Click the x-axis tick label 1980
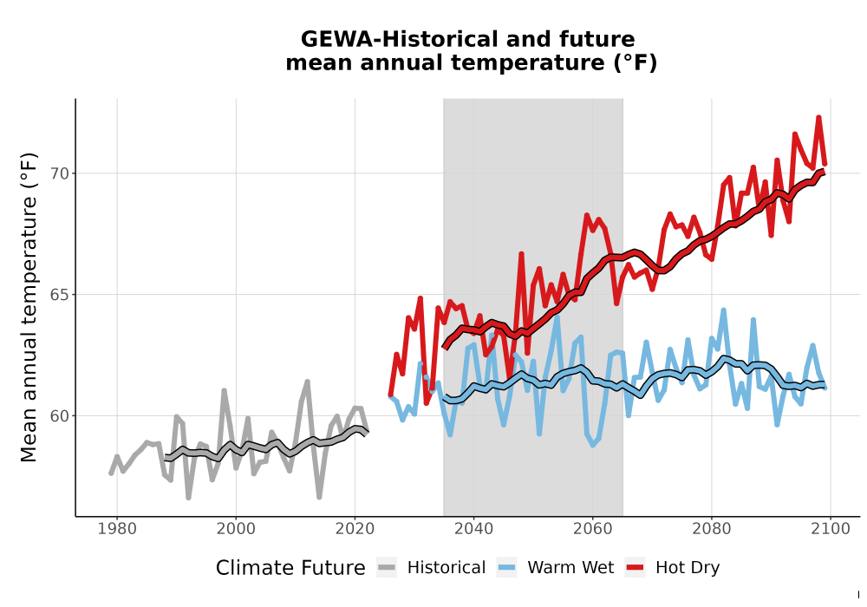[x=117, y=529]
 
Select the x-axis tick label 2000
[x=236, y=529]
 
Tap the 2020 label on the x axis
[x=355, y=529]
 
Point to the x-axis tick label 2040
[x=474, y=529]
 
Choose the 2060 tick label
[x=593, y=529]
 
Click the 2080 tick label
[x=712, y=529]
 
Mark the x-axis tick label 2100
[x=831, y=529]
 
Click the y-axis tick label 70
[x=60, y=173]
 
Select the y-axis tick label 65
[x=60, y=295]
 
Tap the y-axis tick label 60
[x=60, y=415]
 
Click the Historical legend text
[x=447, y=568]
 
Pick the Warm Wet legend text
[x=570, y=568]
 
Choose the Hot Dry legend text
[x=688, y=568]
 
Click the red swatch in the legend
[x=636, y=568]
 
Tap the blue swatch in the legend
[x=507, y=568]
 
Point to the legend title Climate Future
[x=290, y=568]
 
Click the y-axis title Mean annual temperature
[x=29, y=307]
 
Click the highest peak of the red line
[x=819, y=117]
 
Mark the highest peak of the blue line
[x=723, y=310]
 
